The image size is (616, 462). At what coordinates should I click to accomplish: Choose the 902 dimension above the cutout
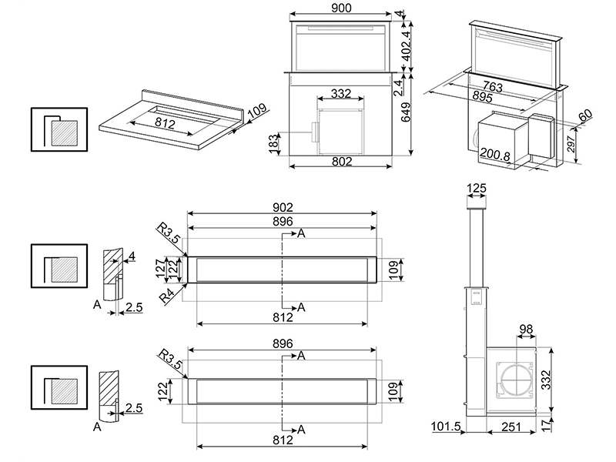pos(283,208)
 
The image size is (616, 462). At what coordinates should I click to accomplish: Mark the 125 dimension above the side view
pos(477,188)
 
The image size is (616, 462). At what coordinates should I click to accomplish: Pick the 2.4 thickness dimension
pos(416,86)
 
